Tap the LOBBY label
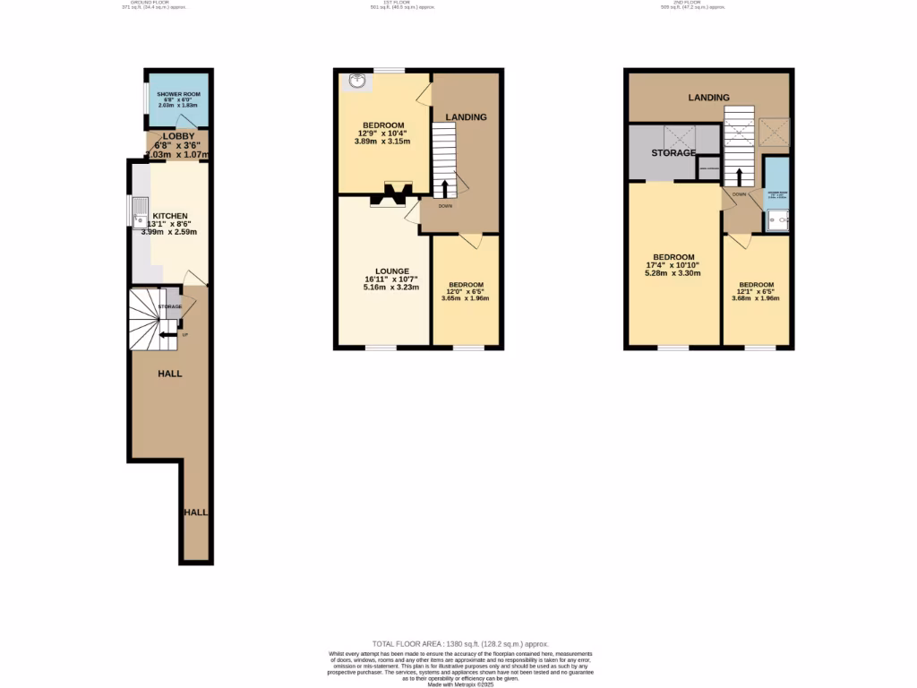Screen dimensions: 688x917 (x=179, y=136)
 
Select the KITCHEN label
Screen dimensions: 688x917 (x=170, y=216)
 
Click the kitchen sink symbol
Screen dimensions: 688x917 (x=140, y=214)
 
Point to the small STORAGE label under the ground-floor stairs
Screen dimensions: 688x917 (x=170, y=307)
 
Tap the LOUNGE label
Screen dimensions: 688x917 (x=392, y=271)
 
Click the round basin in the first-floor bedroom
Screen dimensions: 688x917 (x=356, y=82)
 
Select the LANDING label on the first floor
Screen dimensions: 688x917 (x=467, y=117)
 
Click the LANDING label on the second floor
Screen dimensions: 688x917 (x=708, y=98)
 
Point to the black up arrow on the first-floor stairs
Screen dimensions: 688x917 (x=445, y=189)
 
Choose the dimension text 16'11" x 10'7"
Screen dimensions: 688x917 (x=392, y=279)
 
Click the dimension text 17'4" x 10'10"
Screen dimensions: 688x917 (x=673, y=265)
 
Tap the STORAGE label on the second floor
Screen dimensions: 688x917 (x=673, y=153)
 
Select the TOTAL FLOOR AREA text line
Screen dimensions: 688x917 (x=459, y=644)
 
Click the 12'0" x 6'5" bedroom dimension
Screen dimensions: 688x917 (x=466, y=291)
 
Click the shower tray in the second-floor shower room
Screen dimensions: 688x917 (x=776, y=218)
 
